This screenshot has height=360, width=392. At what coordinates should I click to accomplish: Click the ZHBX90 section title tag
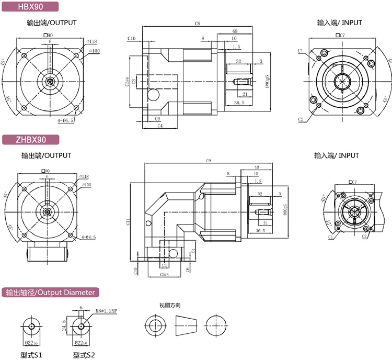point(31,139)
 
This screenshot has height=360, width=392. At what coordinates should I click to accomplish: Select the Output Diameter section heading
point(50,292)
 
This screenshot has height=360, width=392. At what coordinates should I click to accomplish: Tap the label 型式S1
point(31,355)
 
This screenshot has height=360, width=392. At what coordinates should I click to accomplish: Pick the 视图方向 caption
point(170,305)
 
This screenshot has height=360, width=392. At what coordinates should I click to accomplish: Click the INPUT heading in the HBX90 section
point(339,23)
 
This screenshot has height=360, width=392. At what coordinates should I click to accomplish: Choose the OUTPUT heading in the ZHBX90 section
point(47,155)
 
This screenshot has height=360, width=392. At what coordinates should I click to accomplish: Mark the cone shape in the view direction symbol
point(187,326)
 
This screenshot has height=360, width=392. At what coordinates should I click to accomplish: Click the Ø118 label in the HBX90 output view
point(91,41)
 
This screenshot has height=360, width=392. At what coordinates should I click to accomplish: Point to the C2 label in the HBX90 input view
point(301,119)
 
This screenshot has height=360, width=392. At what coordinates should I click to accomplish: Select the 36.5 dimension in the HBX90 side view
point(239,103)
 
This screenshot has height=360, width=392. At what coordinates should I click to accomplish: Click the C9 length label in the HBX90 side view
point(198,24)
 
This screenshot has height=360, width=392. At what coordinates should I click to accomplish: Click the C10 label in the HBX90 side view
point(132,38)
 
